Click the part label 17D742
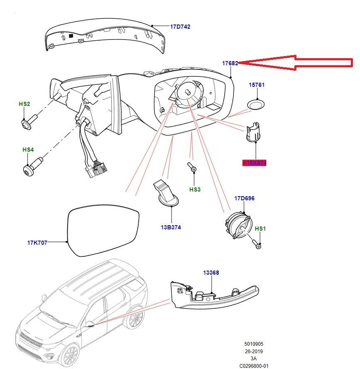point(180,27)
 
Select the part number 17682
point(230,63)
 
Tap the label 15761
point(256,85)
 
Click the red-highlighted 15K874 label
point(255,163)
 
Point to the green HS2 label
point(24,103)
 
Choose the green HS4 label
point(28,149)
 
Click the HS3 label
point(195,189)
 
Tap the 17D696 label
point(245,198)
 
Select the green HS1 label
point(260,229)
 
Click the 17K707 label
point(38,242)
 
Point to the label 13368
point(211,273)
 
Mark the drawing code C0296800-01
point(254,366)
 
